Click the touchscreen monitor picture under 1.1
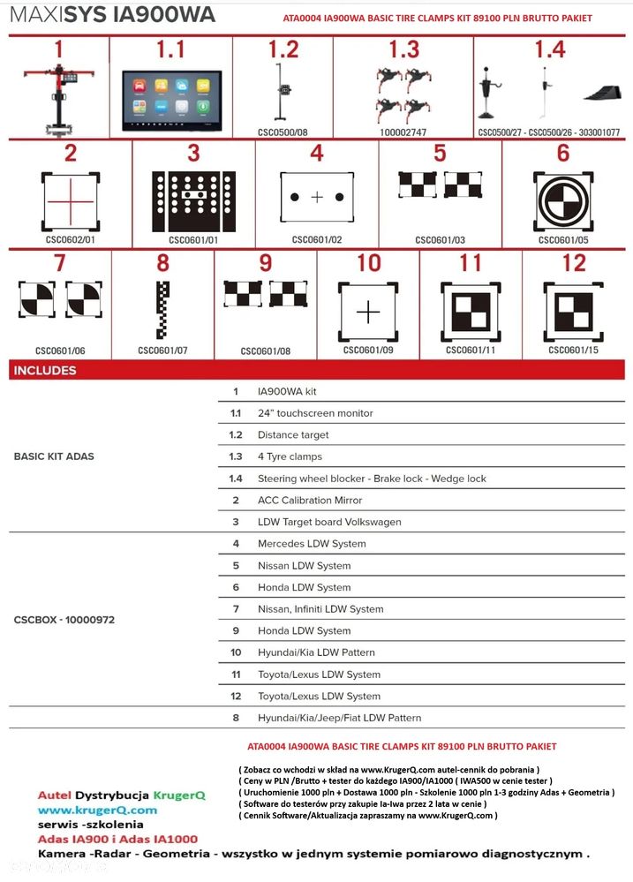click(x=171, y=101)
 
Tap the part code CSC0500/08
click(x=283, y=132)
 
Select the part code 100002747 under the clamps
click(x=403, y=132)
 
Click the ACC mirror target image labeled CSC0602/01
click(x=71, y=200)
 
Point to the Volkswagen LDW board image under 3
click(x=193, y=201)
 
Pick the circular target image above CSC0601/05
click(x=563, y=200)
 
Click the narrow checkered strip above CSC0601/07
click(x=162, y=310)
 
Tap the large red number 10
click(x=368, y=263)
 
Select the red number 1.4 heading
click(x=550, y=49)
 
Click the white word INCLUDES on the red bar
click(x=45, y=370)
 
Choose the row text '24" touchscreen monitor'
click(x=315, y=413)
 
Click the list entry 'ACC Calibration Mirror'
click(x=310, y=500)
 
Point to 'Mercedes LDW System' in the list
click(x=312, y=543)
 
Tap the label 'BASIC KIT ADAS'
click(x=54, y=456)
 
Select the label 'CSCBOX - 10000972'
click(x=64, y=619)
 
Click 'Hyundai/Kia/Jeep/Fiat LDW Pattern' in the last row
click(x=339, y=718)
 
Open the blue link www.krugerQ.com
click(x=97, y=810)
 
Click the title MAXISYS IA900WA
click(x=112, y=14)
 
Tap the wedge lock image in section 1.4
click(x=603, y=93)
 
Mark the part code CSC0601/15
click(x=573, y=350)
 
